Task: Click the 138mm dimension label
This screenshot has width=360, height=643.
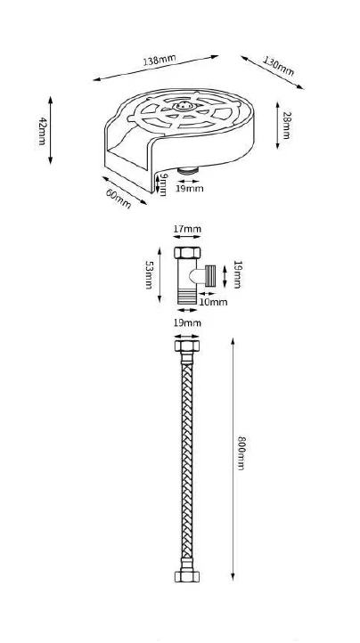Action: [x=160, y=61]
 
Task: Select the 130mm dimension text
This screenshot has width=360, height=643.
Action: [x=278, y=67]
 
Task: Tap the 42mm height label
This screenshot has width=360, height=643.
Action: [x=42, y=131]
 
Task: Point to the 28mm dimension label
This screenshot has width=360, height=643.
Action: [x=287, y=125]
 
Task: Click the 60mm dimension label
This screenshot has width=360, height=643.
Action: [x=119, y=199]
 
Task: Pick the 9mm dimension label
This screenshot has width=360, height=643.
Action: [x=163, y=184]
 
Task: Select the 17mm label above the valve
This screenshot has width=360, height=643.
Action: [x=187, y=229]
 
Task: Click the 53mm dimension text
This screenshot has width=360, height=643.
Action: [x=149, y=275]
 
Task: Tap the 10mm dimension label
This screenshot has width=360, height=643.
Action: [x=213, y=302]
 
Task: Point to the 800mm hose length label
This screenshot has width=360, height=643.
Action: [x=241, y=453]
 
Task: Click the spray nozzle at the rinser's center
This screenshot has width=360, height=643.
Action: [x=184, y=106]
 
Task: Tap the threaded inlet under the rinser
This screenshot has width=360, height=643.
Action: [x=188, y=170]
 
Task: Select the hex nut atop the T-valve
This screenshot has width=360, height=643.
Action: [x=187, y=252]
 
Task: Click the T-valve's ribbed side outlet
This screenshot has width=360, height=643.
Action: [x=210, y=275]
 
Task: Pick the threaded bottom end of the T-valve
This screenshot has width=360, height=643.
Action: [x=187, y=297]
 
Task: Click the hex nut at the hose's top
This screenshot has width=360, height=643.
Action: [x=187, y=346]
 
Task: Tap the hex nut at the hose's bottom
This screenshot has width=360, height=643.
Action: [x=187, y=576]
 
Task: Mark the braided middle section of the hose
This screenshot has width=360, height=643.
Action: [x=187, y=461]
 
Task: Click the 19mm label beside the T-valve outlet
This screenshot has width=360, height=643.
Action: [x=237, y=274]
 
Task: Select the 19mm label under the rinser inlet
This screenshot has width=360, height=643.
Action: [x=189, y=189]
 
